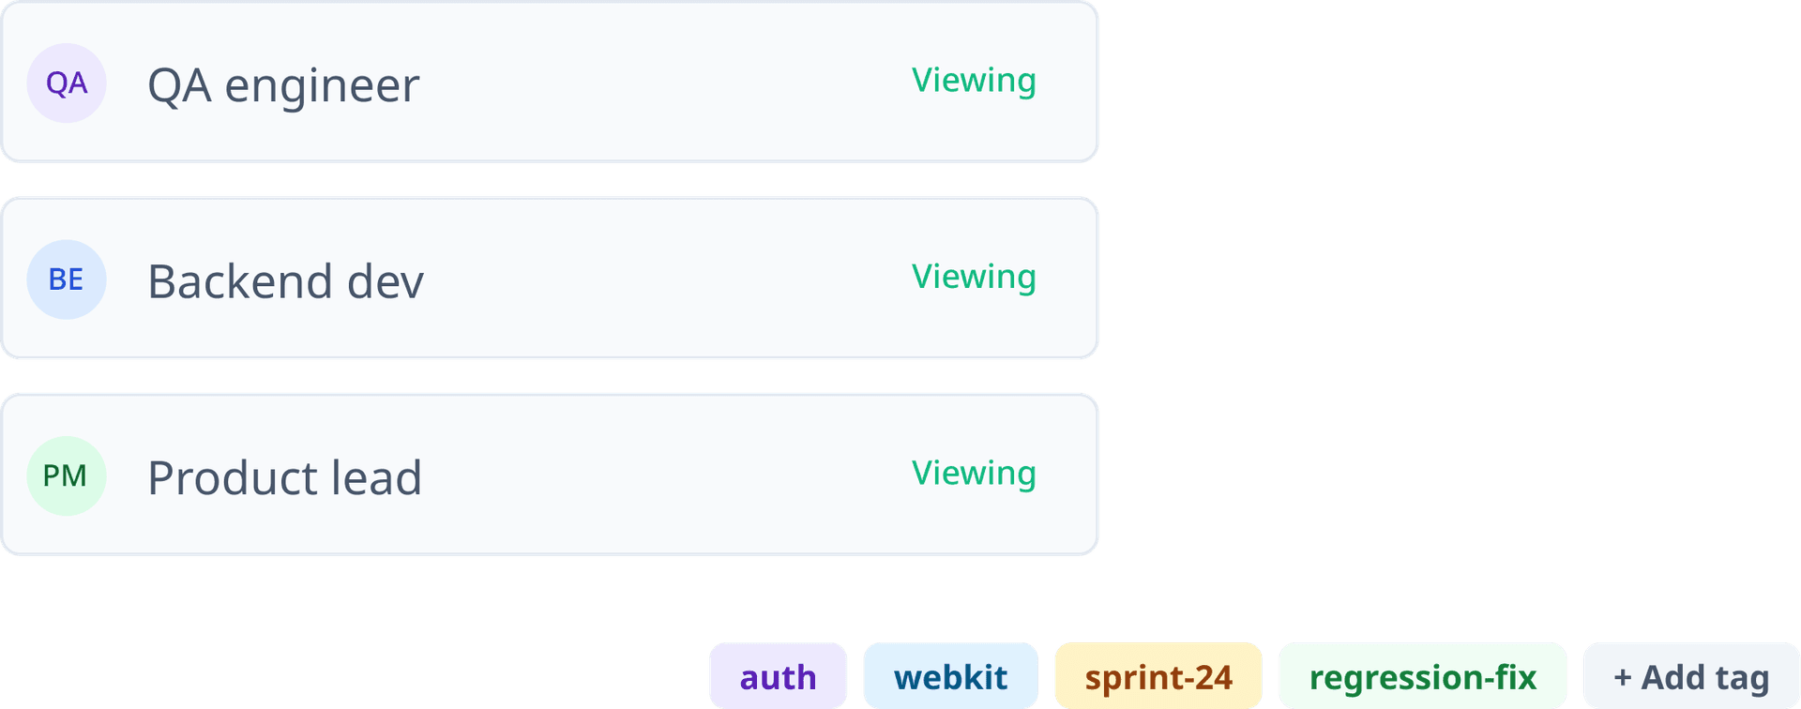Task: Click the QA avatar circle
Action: tap(66, 83)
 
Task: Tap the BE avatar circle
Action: tap(66, 279)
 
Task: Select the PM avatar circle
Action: tap(66, 475)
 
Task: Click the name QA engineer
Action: tap(283, 85)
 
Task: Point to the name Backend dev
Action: tap(285, 280)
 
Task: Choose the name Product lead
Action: tap(284, 477)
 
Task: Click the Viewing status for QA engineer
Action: tap(974, 81)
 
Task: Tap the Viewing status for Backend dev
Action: tap(974, 277)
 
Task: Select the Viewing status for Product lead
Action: tap(974, 474)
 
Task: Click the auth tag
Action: tap(778, 676)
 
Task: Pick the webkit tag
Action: tap(950, 676)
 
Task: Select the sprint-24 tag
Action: tap(1158, 676)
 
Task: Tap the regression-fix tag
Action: tap(1422, 676)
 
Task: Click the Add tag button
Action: tap(1691, 676)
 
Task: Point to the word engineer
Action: tap(322, 87)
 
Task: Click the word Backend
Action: tap(240, 280)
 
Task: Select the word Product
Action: tap(232, 477)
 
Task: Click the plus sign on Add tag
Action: tap(1623, 678)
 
